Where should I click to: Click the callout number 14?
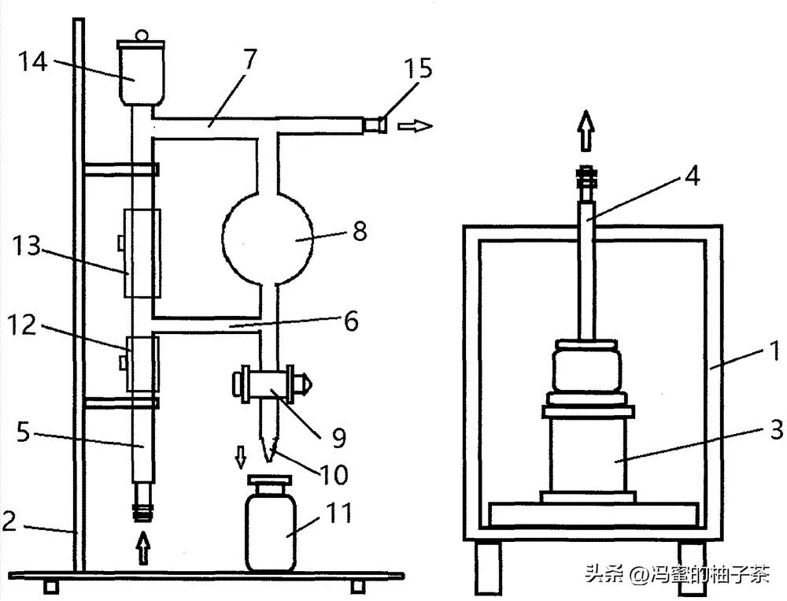[x=32, y=61]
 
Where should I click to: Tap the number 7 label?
[x=249, y=61]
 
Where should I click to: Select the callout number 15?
[x=418, y=69]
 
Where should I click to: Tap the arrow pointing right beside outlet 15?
[x=415, y=125]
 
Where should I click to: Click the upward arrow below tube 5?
[x=143, y=547]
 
